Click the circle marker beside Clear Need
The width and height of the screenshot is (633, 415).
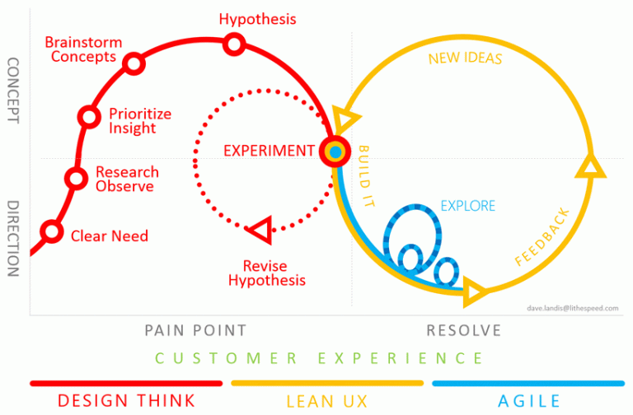52,232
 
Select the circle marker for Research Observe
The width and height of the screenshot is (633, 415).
76,178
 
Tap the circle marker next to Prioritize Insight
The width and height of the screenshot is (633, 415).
89,117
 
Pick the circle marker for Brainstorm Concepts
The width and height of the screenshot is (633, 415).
134,63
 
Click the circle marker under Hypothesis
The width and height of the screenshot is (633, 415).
234,44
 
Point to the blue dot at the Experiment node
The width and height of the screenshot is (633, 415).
335,152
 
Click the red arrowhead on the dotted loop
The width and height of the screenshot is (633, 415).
260,230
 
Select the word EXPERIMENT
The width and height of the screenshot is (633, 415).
269,151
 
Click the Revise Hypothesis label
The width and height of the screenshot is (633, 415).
267,273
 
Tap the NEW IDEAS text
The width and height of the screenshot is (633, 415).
465,58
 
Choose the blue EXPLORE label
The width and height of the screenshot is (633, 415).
468,206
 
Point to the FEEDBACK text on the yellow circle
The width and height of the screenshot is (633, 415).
542,237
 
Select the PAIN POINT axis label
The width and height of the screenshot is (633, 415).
195,330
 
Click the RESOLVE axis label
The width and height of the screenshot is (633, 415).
464,330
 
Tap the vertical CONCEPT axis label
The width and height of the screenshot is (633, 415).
13,91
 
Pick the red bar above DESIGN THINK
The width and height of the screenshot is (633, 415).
126,383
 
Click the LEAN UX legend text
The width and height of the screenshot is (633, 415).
327,401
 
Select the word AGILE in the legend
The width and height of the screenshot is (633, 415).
529,401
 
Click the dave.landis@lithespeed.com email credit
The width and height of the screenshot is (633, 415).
573,308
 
